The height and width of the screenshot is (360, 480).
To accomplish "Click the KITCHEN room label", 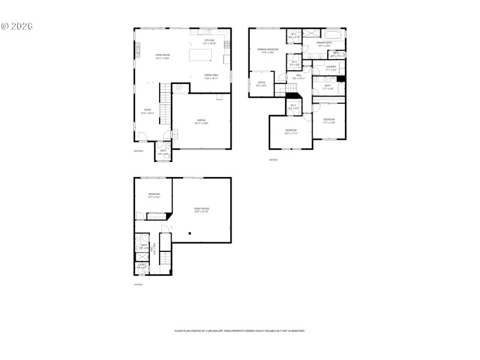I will tap(209, 41).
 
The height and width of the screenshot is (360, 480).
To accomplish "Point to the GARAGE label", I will tap(201, 121).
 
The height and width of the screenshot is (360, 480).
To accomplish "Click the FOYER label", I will tap(147, 111).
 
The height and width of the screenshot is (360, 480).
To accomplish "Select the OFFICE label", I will tap(262, 83).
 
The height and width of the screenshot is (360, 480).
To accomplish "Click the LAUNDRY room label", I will tap(331, 67).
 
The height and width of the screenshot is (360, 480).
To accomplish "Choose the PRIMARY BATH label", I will tap(325, 43).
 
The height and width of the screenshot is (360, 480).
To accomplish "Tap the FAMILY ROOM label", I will tap(201, 209).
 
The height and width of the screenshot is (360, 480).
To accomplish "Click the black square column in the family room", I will tap(190, 233).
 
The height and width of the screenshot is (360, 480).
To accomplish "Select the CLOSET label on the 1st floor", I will tap(142, 265).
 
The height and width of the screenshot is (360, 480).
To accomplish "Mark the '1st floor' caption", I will tap(138, 284).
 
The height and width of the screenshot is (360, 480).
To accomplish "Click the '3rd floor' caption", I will tap(273, 159).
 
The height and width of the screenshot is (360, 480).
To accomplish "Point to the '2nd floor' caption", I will tap(139, 151).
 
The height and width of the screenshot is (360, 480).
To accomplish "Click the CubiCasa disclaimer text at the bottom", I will tap(239, 331).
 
